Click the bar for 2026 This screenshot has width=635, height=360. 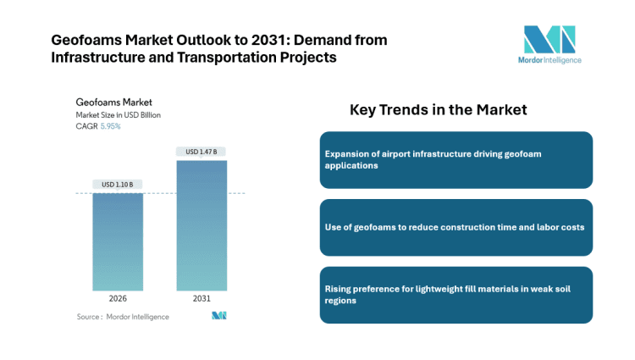click(x=118, y=242)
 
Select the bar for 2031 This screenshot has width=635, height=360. click(x=202, y=225)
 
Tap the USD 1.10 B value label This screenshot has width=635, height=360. click(x=118, y=185)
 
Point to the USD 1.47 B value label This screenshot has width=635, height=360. click(x=202, y=152)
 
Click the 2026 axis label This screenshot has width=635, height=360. click(x=118, y=299)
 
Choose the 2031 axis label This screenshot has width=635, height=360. click(x=202, y=299)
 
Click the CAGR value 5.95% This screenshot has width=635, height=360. click(x=111, y=126)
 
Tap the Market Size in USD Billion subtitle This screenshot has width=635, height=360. click(x=118, y=114)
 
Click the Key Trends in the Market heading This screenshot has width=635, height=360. click(x=438, y=110)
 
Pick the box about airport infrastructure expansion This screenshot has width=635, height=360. click(x=456, y=159)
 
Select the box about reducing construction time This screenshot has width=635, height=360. click(x=456, y=227)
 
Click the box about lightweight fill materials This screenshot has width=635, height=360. click(x=456, y=295)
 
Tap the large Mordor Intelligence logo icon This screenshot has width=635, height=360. click(x=549, y=40)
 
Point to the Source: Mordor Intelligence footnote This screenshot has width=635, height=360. click(x=122, y=317)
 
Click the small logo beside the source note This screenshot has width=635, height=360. click(x=219, y=316)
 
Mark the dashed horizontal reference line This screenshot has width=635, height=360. click(x=161, y=193)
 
